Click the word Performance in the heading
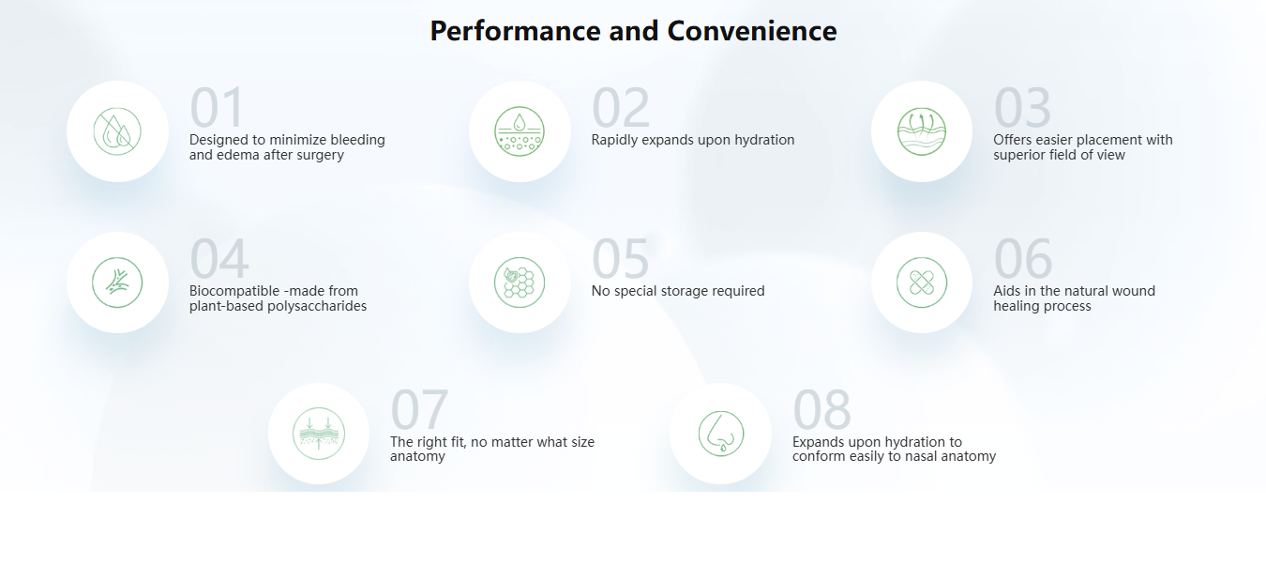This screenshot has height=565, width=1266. point(515,31)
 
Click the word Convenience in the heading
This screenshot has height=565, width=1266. point(752,31)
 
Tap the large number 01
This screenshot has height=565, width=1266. point(217,107)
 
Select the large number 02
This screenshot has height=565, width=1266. point(621,107)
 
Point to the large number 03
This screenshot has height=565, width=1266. point(1022,107)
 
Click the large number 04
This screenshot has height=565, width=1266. point(219,258)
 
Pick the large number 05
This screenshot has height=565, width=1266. point(620,258)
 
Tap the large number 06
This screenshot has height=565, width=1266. point(1023,258)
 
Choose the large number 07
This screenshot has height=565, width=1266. point(419,409)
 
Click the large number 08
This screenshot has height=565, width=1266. point(821,409)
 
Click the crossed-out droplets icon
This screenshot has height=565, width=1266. point(117,131)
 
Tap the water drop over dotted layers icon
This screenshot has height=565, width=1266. point(520,131)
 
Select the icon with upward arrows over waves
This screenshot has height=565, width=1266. point(922,131)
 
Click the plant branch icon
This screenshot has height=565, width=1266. point(117,282)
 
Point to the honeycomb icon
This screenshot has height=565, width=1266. point(520,282)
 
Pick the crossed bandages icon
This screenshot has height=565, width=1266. point(922,282)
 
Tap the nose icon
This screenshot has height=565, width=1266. point(721,434)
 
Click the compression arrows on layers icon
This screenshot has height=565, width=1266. point(319,434)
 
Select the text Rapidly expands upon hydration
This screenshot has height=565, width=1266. point(693,140)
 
